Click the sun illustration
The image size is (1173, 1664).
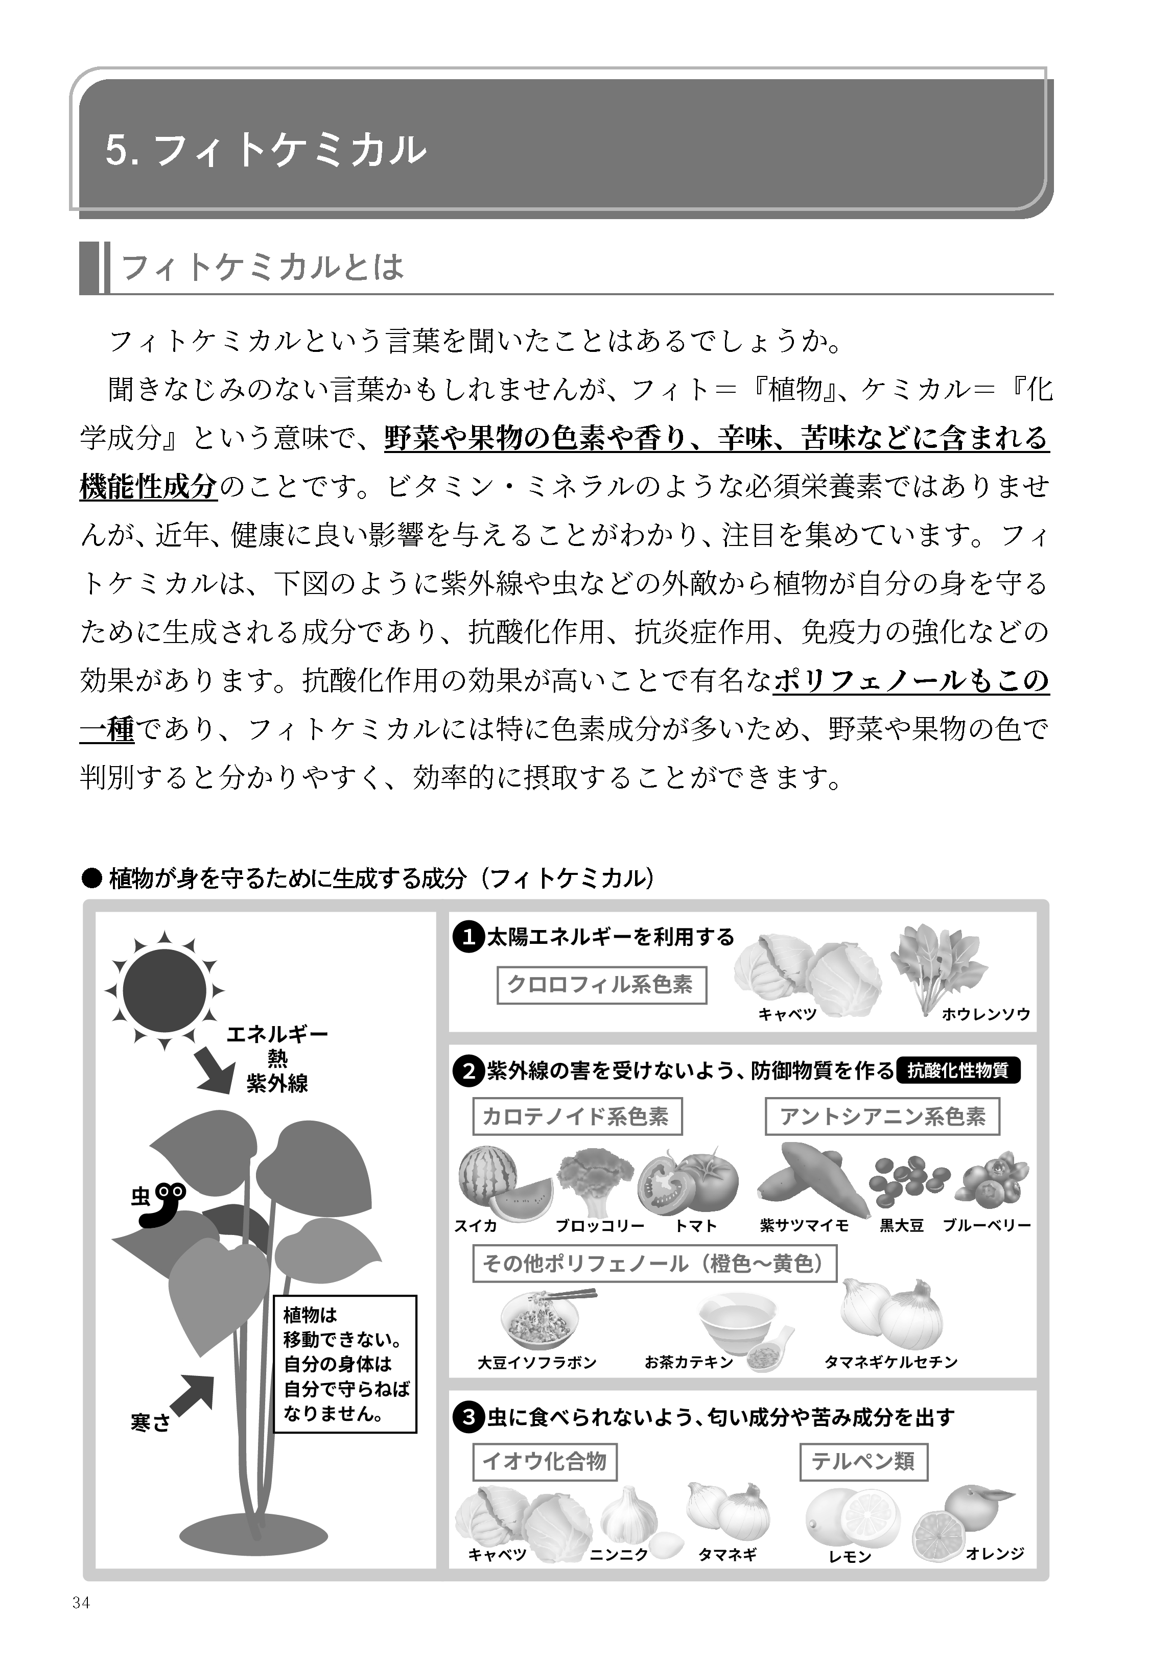coord(165,989)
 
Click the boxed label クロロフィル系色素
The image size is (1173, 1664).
coord(601,985)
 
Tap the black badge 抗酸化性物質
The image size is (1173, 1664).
coord(958,1071)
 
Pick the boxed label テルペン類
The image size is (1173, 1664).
coord(863,1462)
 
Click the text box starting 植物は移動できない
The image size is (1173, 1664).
coord(344,1364)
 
